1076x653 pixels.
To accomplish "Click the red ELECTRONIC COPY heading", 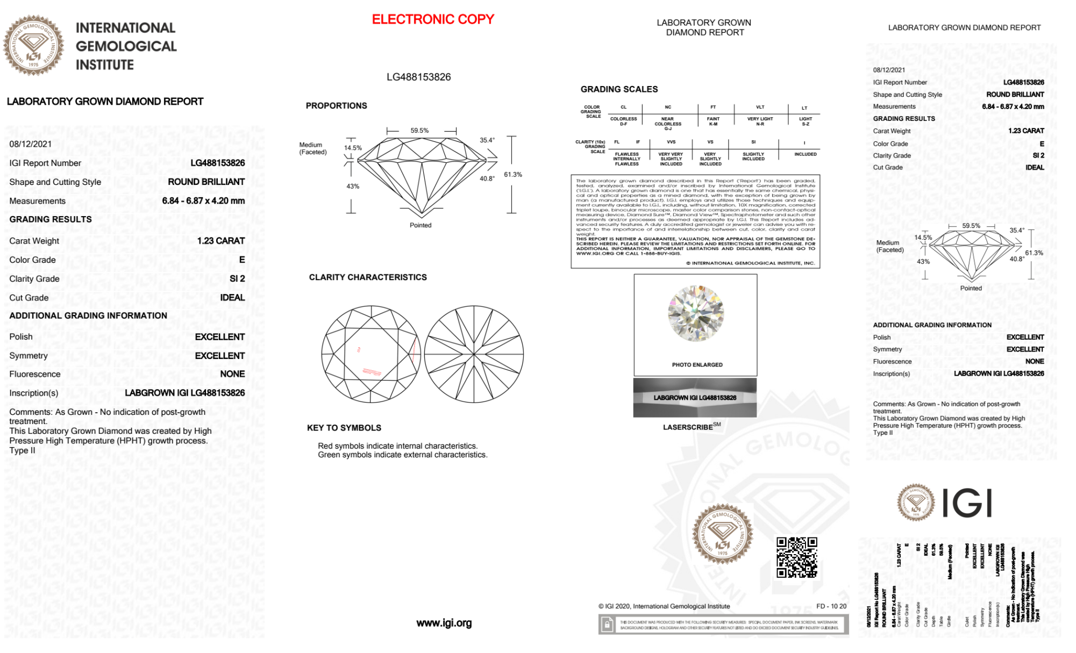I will click(x=433, y=19).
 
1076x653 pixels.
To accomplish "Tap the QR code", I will click(x=796, y=557).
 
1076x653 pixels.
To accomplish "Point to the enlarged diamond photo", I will click(x=695, y=313).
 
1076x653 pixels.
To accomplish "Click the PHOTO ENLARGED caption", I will click(x=697, y=365).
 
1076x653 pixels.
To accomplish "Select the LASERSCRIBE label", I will click(x=688, y=427).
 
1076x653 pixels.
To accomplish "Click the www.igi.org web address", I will click(x=444, y=623).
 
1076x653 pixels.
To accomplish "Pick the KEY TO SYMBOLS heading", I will click(x=344, y=428).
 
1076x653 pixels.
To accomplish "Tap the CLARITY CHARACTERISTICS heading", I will click(x=368, y=277).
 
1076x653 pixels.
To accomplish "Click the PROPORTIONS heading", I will click(x=336, y=106).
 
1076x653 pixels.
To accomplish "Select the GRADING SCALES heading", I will click(x=619, y=89).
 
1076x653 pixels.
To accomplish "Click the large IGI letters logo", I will click(x=967, y=504).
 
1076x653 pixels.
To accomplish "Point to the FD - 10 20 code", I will click(x=831, y=606).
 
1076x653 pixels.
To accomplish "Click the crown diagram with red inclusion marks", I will click(x=371, y=355).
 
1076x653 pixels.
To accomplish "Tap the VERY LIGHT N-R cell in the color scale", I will click(x=760, y=121).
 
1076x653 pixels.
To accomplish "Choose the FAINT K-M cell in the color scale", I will click(x=713, y=121).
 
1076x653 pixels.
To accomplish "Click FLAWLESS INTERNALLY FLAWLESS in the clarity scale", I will click(x=626, y=159).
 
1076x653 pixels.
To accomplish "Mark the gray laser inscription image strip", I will click(x=695, y=398).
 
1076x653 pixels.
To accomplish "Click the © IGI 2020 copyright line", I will click(x=664, y=606).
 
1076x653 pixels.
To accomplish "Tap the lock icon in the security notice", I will click(x=607, y=625).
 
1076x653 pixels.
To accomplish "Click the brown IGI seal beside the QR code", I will click(x=722, y=534).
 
